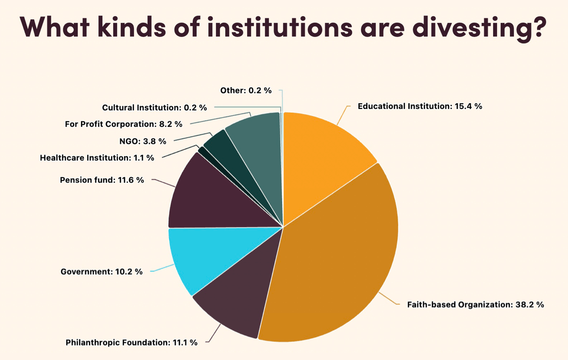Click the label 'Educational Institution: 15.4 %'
pyautogui.click(x=420, y=106)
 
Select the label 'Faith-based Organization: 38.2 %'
pyautogui.click(x=475, y=305)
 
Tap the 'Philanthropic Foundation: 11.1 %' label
pyautogui.click(x=132, y=342)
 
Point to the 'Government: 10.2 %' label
pyautogui.click(x=102, y=272)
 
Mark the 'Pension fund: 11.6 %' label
pyautogui.click(x=102, y=180)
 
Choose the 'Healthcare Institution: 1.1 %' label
pyautogui.click(x=97, y=158)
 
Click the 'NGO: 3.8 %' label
pyautogui.click(x=142, y=141)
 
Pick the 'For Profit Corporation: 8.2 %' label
pyautogui.click(x=124, y=124)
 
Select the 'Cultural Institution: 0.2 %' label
pyautogui.click(x=154, y=108)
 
